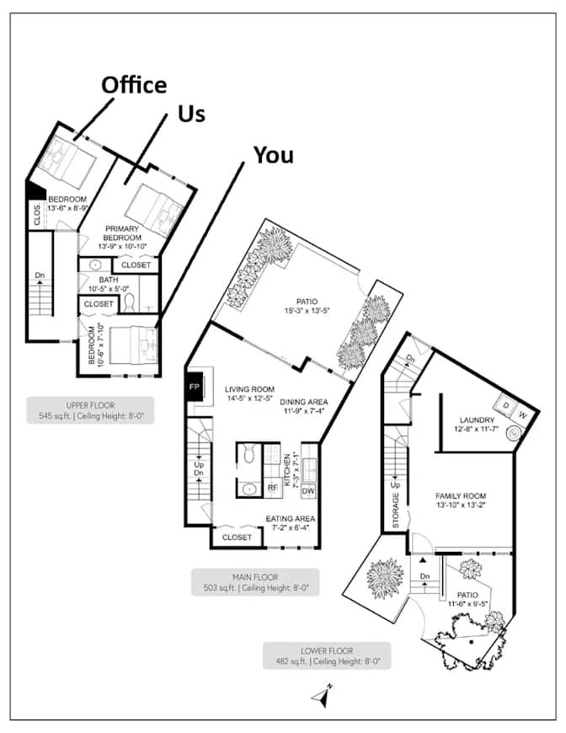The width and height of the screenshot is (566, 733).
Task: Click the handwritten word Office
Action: [134, 84]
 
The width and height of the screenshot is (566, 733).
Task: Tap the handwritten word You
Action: [274, 155]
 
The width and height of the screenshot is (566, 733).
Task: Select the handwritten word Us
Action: [192, 114]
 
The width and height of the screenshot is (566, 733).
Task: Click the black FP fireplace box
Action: [195, 387]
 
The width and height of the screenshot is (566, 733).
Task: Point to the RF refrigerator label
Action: [273, 488]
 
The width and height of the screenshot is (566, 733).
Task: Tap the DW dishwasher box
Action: [308, 490]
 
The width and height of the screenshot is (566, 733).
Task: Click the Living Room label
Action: [249, 393]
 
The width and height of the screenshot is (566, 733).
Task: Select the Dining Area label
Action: [304, 406]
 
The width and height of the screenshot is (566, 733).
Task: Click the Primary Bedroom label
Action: [122, 237]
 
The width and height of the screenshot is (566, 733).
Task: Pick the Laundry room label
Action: [477, 424]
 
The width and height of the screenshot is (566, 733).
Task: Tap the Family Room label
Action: [461, 500]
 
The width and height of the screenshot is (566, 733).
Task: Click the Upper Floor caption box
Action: [90, 410]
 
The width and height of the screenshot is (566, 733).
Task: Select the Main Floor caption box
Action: [255, 582]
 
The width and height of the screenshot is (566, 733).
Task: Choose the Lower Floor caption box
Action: [327, 655]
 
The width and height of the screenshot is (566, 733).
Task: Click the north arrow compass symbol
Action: [322, 696]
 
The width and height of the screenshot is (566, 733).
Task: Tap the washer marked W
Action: [522, 415]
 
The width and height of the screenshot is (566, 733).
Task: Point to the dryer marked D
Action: [505, 404]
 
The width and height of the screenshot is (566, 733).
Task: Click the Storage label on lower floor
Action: [396, 511]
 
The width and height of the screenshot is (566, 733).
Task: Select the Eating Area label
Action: [291, 523]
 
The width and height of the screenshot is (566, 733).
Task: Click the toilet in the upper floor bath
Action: [130, 302]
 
